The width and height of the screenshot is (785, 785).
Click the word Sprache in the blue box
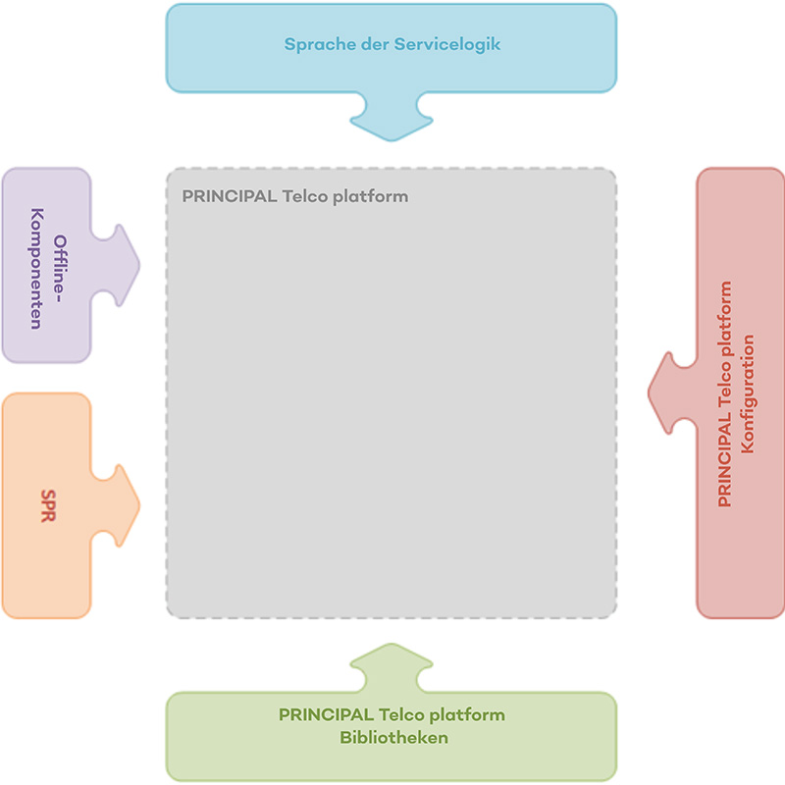pos(313,44)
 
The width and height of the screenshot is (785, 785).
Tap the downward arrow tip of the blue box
pos(391,136)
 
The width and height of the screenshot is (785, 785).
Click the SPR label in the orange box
pos(48,505)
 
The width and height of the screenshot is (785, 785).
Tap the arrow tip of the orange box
pos(138,506)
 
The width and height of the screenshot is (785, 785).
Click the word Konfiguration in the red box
pos(748,393)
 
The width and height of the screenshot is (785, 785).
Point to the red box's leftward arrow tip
pos(650,393)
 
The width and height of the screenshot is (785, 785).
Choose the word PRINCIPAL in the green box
pos(326,714)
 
